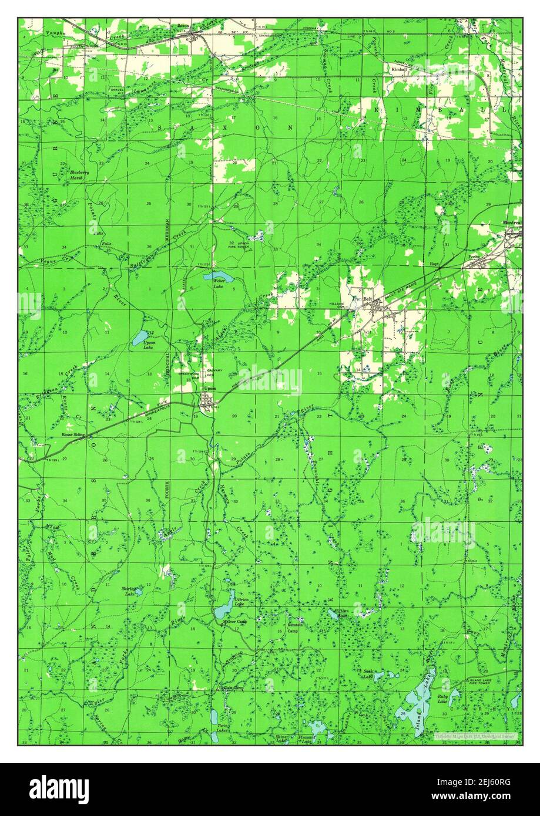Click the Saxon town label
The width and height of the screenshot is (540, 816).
(183, 26)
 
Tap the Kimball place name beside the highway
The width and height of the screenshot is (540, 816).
(399, 69)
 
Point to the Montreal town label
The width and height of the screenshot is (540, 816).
(512, 223)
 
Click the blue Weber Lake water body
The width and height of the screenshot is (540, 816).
(215, 275)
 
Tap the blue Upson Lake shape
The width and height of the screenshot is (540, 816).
(140, 338)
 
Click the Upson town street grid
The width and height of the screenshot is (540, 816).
(206, 402)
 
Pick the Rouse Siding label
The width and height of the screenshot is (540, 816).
(73, 435)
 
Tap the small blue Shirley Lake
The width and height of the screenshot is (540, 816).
(139, 593)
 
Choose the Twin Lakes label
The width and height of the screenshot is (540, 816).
(222, 727)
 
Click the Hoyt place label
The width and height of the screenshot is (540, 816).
(434, 265)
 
